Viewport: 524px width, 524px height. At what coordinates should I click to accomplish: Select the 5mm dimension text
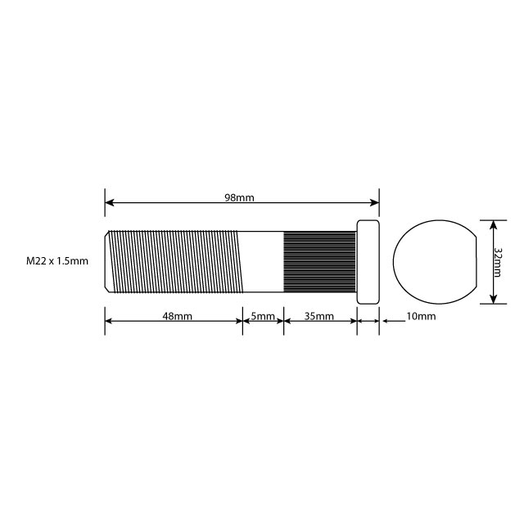pyautogui.click(x=263, y=316)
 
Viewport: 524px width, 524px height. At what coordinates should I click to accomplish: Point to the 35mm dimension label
pyautogui.click(x=319, y=316)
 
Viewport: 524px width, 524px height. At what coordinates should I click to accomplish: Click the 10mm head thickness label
pyautogui.click(x=421, y=316)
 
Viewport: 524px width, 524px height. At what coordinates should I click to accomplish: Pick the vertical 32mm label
pyautogui.click(x=499, y=261)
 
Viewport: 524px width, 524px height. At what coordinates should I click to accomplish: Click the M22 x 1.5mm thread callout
pyautogui.click(x=56, y=261)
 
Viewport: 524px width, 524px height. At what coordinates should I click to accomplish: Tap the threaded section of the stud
pyautogui.click(x=176, y=261)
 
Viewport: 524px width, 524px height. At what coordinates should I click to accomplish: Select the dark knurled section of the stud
pyautogui.click(x=320, y=261)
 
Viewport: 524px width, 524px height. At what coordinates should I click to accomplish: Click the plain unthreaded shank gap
pyautogui.click(x=263, y=261)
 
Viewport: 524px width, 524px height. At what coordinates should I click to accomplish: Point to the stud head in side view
pyautogui.click(x=368, y=261)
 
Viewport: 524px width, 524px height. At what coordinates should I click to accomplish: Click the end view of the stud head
pyautogui.click(x=435, y=261)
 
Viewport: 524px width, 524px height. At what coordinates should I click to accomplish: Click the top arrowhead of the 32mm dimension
pyautogui.click(x=493, y=224)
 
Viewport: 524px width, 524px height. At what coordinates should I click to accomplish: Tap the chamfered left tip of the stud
pyautogui.click(x=107, y=261)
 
